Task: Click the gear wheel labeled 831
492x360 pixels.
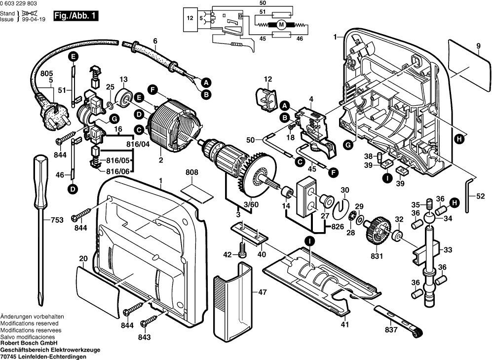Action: pos(375,231)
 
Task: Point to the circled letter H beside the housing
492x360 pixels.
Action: pos(459,139)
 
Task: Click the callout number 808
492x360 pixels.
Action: pos(192,173)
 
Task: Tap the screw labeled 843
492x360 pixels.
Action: pos(146,323)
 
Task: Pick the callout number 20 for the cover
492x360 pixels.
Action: pos(83,258)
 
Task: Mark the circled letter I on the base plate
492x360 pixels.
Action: pos(309,241)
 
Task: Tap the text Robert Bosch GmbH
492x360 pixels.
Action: pos(29,343)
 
